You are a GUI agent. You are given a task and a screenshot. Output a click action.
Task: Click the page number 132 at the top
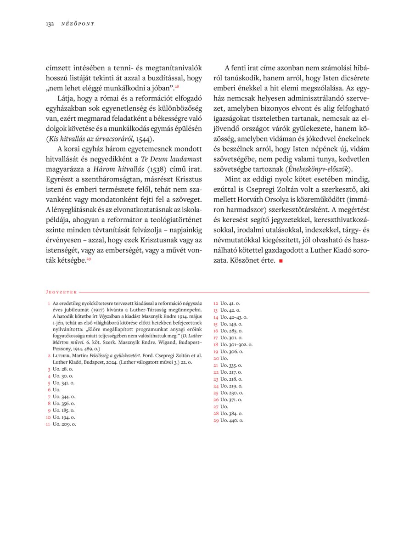click(50, 23)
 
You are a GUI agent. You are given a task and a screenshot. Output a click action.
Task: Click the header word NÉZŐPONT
click(78, 23)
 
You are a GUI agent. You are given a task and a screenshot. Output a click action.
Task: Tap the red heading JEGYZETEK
click(61, 292)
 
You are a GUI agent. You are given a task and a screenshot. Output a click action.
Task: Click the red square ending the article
click(281, 261)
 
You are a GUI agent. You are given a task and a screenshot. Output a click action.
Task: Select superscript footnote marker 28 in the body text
click(177, 86)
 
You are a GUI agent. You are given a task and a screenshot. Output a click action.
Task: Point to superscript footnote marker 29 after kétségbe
click(89, 259)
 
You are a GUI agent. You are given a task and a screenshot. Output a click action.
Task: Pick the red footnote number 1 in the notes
click(49, 304)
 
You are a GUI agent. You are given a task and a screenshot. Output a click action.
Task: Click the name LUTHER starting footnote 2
click(62, 355)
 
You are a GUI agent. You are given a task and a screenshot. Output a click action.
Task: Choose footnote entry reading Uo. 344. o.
click(64, 396)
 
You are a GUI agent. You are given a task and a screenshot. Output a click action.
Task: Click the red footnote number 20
click(216, 358)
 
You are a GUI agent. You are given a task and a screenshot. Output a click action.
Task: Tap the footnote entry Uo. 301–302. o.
click(236, 344)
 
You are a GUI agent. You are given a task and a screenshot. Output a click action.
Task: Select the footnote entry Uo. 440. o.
click(231, 420)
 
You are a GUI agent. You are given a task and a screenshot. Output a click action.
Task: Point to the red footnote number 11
click(48, 424)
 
